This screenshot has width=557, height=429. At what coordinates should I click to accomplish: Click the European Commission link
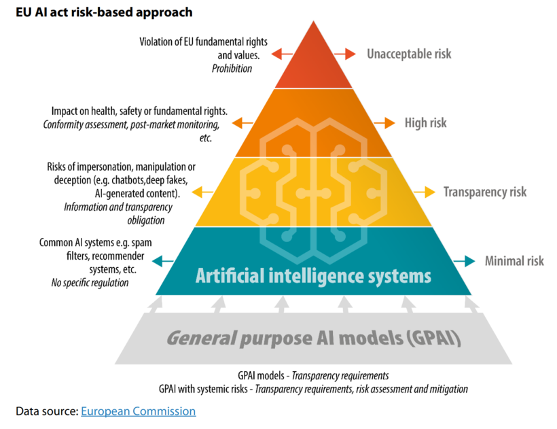[x=138, y=411]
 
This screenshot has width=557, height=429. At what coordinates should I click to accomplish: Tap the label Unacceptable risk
[x=409, y=54]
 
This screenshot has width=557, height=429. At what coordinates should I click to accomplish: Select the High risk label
[x=426, y=123]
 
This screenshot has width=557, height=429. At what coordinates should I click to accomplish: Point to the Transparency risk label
[x=484, y=192]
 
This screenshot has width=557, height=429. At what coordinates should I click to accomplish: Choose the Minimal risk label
[x=514, y=261]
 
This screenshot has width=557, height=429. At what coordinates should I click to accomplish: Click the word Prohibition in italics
[x=232, y=68]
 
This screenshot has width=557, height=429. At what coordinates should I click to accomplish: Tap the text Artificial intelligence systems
[x=313, y=276]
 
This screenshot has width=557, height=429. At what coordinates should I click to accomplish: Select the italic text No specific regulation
[x=90, y=283]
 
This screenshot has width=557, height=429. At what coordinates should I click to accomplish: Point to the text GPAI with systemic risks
[x=202, y=389]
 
